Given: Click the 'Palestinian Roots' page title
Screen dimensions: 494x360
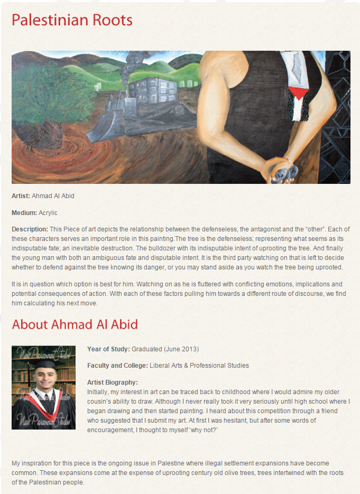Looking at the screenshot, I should tap(72, 21).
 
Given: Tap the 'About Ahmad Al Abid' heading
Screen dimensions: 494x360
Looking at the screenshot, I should tap(75, 324).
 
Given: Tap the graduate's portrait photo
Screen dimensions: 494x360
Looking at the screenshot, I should tap(43, 387).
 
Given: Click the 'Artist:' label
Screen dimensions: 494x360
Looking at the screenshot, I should tap(21, 196).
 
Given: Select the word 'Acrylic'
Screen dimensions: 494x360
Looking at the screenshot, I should tap(48, 213).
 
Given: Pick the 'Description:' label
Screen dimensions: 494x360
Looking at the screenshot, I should tap(29, 229).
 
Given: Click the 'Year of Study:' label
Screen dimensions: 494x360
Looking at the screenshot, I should tap(108, 349).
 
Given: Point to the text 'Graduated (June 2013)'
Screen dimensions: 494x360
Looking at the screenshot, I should tap(165, 349).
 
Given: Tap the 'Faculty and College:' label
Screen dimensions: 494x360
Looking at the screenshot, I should tap(117, 366).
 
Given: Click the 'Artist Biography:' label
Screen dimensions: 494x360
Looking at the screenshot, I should tap(112, 382).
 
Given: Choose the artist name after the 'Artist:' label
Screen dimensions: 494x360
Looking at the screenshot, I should tap(53, 196).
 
